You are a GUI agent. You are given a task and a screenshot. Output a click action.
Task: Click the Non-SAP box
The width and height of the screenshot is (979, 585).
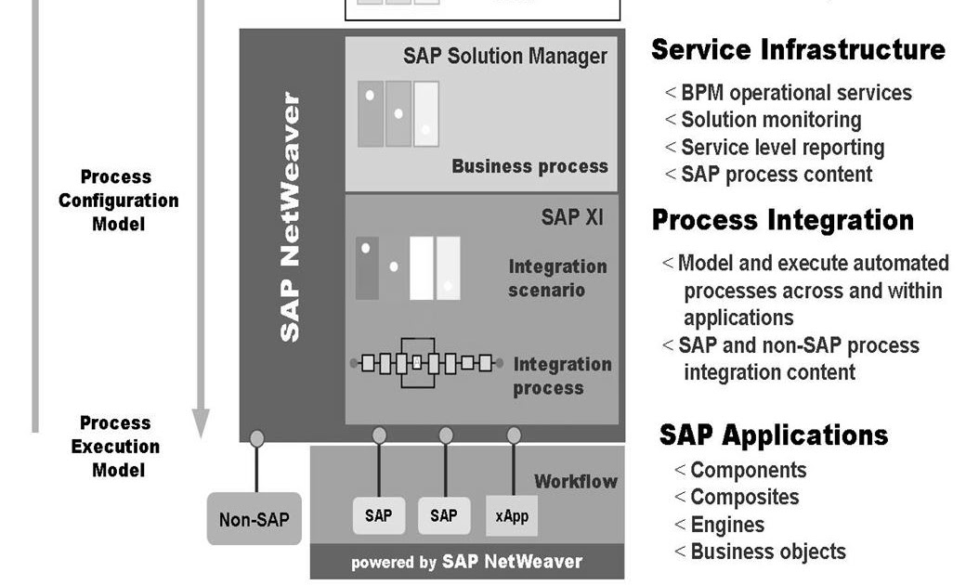click(x=254, y=519)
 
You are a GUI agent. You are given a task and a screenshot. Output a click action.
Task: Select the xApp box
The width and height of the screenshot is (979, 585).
click(x=512, y=515)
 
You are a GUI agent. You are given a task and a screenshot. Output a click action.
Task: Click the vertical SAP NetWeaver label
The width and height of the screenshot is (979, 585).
click(x=291, y=216)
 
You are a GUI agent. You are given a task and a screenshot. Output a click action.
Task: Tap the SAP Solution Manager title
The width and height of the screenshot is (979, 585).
click(x=504, y=56)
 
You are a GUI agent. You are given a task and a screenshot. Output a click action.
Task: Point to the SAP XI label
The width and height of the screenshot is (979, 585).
click(x=571, y=218)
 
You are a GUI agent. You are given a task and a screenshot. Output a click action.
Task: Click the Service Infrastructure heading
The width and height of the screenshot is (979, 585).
click(x=798, y=50)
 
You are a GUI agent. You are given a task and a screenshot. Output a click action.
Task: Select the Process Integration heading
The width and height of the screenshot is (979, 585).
click(x=782, y=220)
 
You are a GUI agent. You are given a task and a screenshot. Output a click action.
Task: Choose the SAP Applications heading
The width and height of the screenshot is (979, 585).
click(x=773, y=435)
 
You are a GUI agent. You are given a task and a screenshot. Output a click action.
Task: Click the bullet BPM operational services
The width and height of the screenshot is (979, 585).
click(x=795, y=93)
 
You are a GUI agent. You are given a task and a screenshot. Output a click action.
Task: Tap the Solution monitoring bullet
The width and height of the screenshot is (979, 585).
click(x=770, y=120)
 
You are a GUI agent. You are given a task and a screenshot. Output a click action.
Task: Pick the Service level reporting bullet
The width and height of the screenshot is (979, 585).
click(x=781, y=147)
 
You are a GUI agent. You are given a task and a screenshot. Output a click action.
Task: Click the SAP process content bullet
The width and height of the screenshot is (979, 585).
click(x=776, y=174)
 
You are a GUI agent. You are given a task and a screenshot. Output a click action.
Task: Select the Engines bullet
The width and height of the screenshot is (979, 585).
click(x=726, y=525)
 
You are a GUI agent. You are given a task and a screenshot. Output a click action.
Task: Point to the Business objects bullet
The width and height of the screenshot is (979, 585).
click(x=767, y=552)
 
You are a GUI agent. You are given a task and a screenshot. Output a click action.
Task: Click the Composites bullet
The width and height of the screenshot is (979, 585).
click(x=743, y=497)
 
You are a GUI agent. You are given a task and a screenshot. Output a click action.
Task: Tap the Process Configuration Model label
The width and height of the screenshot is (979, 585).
click(x=118, y=200)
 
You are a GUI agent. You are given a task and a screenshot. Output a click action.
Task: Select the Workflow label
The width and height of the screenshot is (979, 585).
click(x=575, y=481)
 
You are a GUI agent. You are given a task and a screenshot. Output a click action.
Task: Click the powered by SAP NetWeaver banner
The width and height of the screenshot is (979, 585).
click(x=466, y=562)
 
